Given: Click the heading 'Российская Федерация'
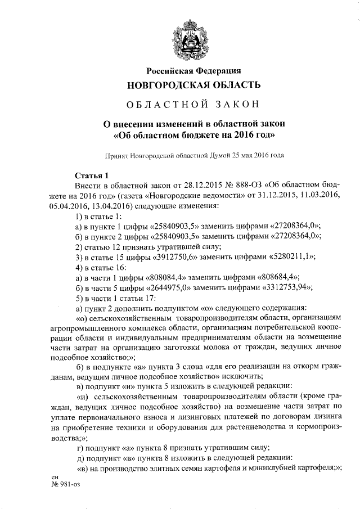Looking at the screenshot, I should coord(193,71).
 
